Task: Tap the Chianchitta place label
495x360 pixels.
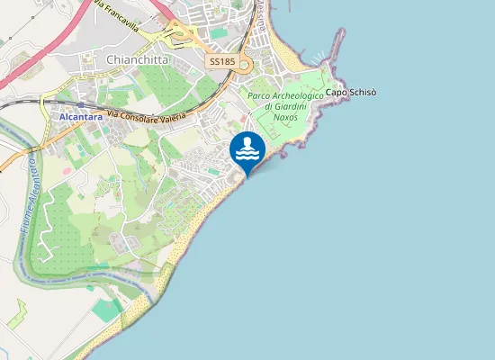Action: [x=137, y=59]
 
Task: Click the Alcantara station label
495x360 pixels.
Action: [x=79, y=117]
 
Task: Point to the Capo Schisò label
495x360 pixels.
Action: [x=351, y=93]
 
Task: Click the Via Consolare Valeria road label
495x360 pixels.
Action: [x=146, y=116]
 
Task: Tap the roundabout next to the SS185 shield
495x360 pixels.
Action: [x=246, y=65]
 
